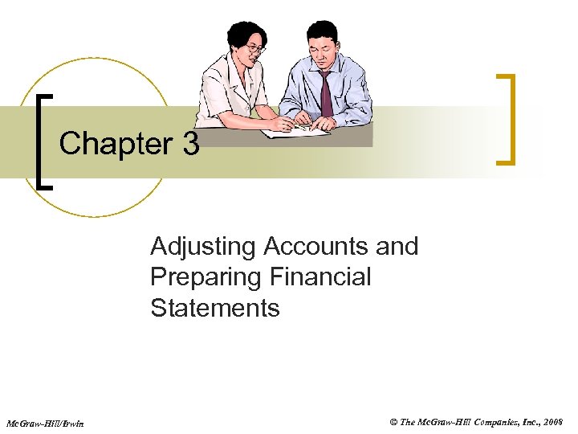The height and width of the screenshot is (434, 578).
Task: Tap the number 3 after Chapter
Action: tap(189, 144)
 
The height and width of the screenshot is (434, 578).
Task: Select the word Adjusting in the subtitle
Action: tap(196, 247)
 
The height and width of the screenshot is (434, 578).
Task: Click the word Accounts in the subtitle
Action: tap(308, 246)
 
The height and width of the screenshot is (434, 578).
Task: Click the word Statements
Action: tap(214, 308)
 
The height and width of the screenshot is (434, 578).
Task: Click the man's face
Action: tap(318, 53)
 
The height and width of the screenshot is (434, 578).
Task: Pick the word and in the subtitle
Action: tap(397, 246)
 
